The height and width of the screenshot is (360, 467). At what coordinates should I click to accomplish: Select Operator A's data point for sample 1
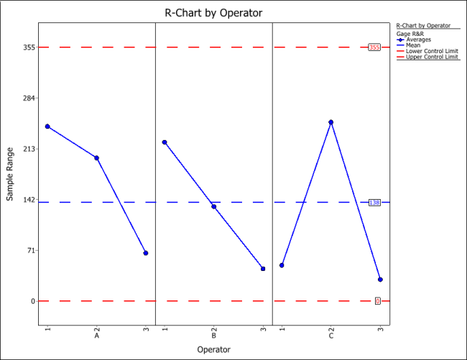[x=47, y=126]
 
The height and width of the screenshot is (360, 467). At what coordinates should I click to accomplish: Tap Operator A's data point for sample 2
[x=96, y=157]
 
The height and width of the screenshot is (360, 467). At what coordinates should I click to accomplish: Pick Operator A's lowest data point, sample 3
[x=146, y=253]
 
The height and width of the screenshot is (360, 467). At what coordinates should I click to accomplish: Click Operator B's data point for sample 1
[x=165, y=142]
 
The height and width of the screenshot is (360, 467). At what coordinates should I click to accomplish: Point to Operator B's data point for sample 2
[x=213, y=206]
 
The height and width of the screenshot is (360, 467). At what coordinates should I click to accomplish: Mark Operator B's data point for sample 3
[x=263, y=269]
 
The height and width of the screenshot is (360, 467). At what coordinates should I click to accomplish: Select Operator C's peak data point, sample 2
[x=331, y=122]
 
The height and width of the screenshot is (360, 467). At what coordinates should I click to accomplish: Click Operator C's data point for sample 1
[x=282, y=266]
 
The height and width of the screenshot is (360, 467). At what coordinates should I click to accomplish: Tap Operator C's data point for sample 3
[x=381, y=280]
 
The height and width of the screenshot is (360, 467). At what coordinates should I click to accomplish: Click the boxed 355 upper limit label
[x=374, y=47]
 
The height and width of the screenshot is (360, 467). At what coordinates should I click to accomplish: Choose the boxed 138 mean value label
[x=374, y=203]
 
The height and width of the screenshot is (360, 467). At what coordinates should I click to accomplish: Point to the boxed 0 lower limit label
[x=377, y=301]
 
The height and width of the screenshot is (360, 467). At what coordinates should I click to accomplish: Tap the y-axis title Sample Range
[x=10, y=173]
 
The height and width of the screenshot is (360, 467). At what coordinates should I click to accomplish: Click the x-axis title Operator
[x=213, y=349]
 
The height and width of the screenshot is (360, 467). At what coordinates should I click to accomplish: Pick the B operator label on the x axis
[x=213, y=335]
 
